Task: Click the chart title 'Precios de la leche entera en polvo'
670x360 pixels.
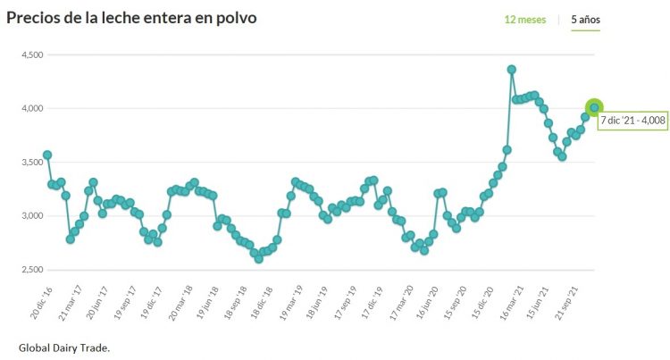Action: (131, 18)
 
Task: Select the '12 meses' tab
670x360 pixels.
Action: (524, 19)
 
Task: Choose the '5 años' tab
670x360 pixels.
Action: (586, 19)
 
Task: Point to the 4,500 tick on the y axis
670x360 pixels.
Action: (32, 54)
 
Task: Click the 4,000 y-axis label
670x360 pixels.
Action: (32, 108)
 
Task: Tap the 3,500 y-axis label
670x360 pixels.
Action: (32, 162)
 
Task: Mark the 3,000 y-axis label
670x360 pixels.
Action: (32, 215)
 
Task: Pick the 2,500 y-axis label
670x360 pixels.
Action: (32, 269)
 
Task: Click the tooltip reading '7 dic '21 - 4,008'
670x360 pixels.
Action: (632, 119)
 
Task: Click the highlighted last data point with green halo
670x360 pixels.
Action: (594, 108)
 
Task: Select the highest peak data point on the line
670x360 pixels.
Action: (512, 69)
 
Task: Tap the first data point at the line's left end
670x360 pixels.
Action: (47, 155)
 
